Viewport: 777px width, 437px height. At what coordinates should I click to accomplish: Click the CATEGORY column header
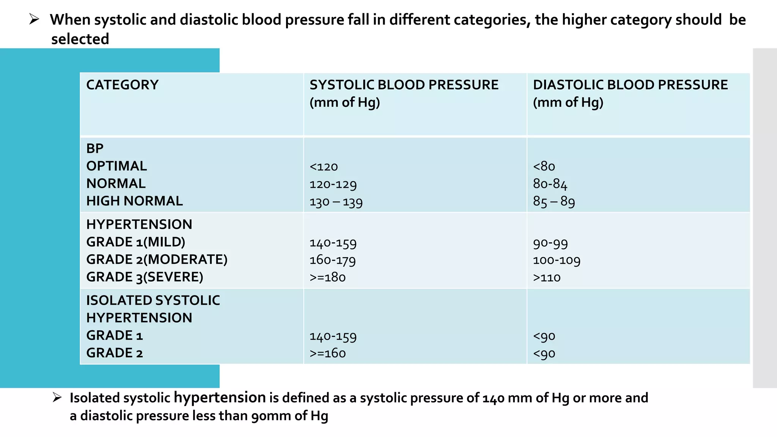tap(122, 85)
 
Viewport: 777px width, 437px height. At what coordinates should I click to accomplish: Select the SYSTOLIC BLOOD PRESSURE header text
tap(404, 85)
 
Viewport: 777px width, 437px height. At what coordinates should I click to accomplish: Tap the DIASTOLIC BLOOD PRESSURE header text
tap(630, 85)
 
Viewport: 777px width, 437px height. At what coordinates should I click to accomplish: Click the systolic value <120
tap(324, 167)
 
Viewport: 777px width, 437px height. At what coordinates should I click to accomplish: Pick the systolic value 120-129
tap(333, 184)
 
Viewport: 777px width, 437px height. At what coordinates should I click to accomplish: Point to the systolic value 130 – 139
tap(336, 202)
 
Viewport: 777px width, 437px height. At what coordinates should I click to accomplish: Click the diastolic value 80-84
tap(550, 184)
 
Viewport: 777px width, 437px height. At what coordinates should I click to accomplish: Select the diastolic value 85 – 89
tap(554, 201)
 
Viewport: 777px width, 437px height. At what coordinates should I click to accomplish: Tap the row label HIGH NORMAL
tap(134, 201)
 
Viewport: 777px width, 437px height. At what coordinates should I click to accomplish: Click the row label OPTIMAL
tap(116, 166)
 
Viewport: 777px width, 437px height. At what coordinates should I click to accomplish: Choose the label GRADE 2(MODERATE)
tap(157, 259)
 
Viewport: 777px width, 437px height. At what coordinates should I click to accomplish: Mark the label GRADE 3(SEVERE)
tap(145, 277)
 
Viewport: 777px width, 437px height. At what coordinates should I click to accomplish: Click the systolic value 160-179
tap(333, 260)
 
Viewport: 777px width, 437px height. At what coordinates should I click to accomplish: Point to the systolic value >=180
tap(327, 277)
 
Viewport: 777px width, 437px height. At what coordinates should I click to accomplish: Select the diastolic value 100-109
tap(557, 260)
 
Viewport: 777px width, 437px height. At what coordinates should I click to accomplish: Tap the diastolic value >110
tap(547, 277)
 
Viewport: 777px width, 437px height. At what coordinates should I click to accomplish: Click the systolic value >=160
tap(327, 353)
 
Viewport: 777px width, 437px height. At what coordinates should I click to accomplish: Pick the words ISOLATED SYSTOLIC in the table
tap(153, 300)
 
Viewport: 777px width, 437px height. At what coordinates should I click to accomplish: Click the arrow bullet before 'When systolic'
tap(34, 19)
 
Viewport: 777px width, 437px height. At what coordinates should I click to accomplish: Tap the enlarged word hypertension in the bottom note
tap(220, 398)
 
